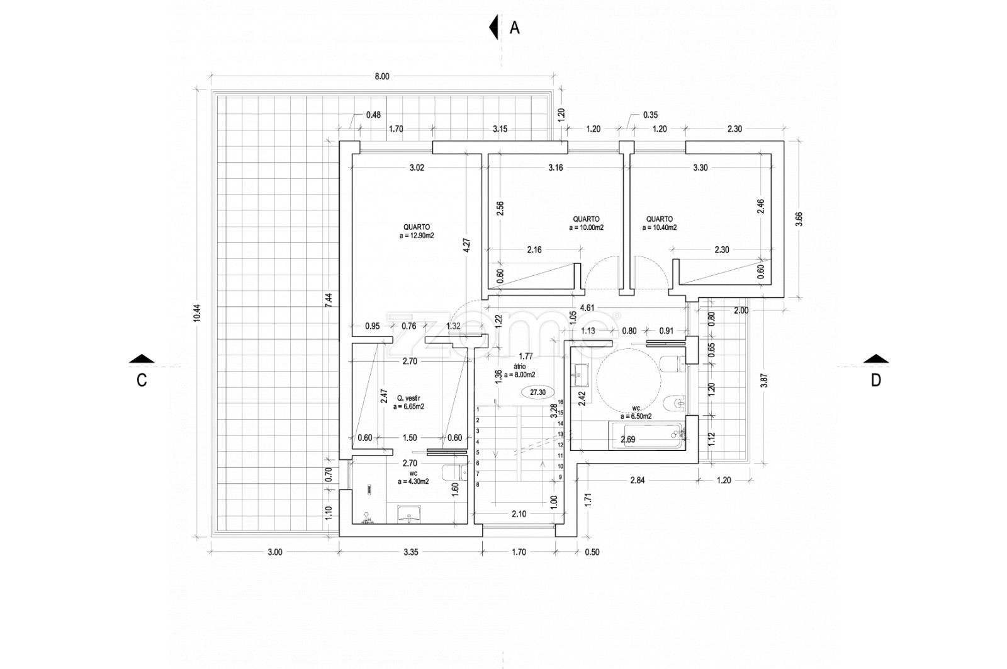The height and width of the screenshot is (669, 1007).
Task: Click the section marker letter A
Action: pyautogui.click(x=515, y=28)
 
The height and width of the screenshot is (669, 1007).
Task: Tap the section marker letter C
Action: pyautogui.click(x=142, y=380)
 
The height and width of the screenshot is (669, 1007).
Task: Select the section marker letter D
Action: pyautogui.click(x=875, y=380)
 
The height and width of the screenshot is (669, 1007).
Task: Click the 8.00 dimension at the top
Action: pyautogui.click(x=382, y=76)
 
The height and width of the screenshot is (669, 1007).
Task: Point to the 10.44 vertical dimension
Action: pyautogui.click(x=197, y=313)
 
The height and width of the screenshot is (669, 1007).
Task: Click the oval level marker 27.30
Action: pyautogui.click(x=537, y=392)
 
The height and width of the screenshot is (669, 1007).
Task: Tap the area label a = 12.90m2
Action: pyautogui.click(x=417, y=236)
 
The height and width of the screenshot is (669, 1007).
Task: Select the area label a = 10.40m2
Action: pyautogui.click(x=660, y=227)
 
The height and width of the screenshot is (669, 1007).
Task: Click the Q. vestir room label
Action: pyautogui.click(x=408, y=398)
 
